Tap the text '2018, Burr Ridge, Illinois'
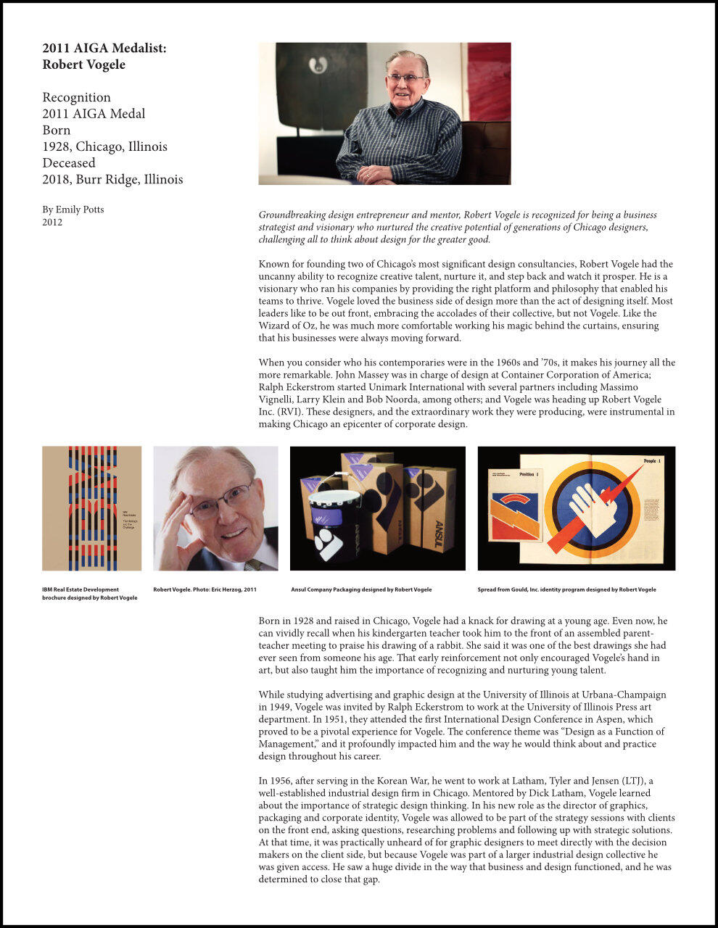coord(112,179)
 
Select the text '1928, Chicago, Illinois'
coord(104,146)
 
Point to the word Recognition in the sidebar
coord(76,97)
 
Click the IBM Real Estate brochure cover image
coord(91,507)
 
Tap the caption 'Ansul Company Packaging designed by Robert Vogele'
coord(360,589)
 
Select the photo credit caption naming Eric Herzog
coord(205,589)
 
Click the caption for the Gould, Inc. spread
coord(566,589)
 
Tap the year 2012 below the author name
coord(52,223)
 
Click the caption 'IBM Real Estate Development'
coord(80,589)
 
